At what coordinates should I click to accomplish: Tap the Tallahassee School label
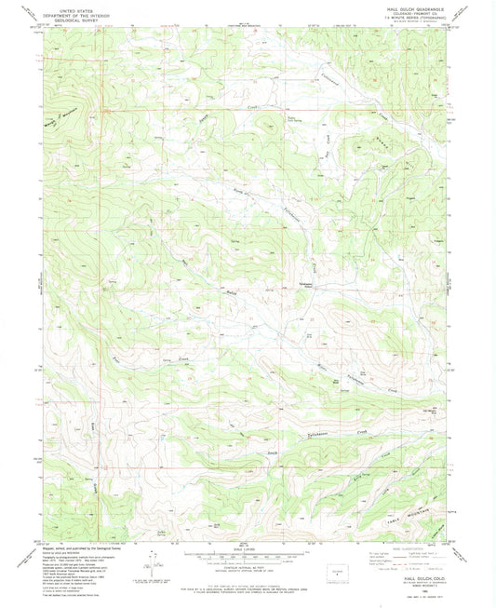coord(277,284)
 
